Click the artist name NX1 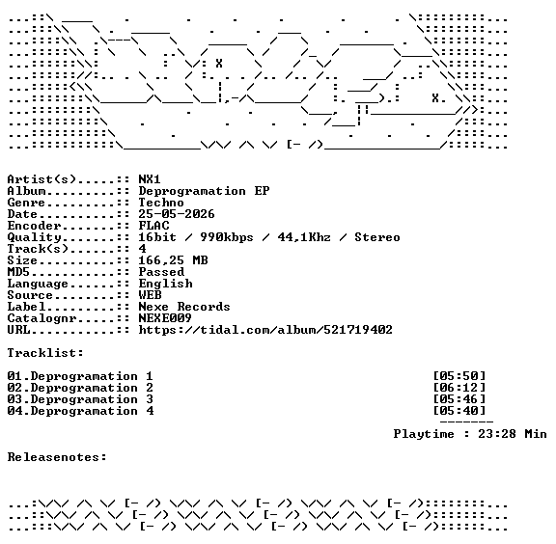[150, 179]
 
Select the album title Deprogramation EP [204, 191]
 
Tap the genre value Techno [161, 203]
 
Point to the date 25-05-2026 [177, 214]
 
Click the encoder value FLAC [153, 226]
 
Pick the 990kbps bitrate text [227, 237]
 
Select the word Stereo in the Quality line [376, 237]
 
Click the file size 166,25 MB [173, 260]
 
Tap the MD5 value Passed [161, 272]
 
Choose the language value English [165, 284]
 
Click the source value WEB [150, 295]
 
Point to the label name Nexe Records [184, 307]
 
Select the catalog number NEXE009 [165, 318]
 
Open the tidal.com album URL [265, 330]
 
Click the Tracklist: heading [45, 353]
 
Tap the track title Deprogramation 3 [92, 399]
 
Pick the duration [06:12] [459, 388]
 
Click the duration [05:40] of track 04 [459, 411]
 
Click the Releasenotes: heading [57, 457]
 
